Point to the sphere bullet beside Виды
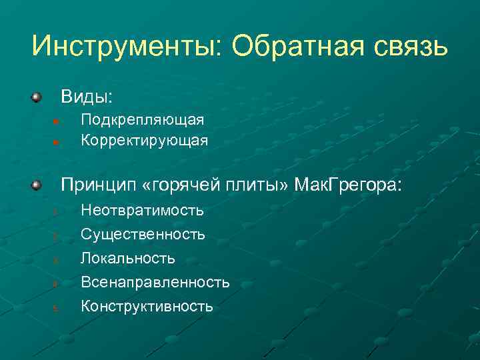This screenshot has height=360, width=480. (x=37, y=97)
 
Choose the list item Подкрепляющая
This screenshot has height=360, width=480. (x=142, y=120)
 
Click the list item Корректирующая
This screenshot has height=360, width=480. (x=144, y=141)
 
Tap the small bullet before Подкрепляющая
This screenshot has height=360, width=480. (x=57, y=121)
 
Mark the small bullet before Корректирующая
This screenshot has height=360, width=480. (x=57, y=142)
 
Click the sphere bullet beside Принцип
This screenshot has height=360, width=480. (x=37, y=184)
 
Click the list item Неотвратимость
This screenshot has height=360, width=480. (x=142, y=211)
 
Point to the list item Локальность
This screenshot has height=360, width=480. (x=128, y=258)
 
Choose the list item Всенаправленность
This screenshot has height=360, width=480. (x=155, y=283)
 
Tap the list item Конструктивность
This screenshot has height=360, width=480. (x=147, y=307)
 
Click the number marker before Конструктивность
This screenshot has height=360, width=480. (x=57, y=308)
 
